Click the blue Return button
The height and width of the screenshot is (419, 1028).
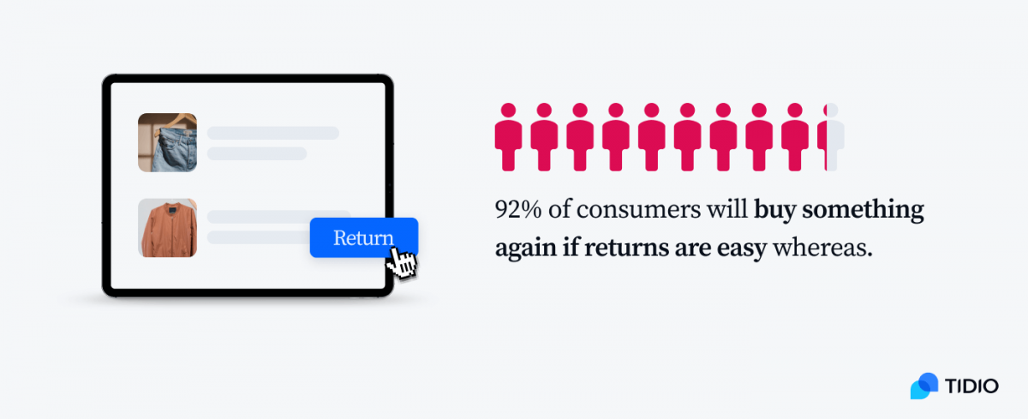tap(363, 237)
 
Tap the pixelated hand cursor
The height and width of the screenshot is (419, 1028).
tap(403, 263)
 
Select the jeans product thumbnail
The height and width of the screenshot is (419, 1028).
tap(167, 142)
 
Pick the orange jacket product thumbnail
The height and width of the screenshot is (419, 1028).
tap(167, 228)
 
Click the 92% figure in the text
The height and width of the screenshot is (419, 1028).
tap(514, 211)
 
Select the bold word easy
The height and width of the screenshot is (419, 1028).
tap(742, 248)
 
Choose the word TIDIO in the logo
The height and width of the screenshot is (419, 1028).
tap(972, 386)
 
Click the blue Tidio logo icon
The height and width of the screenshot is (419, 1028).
tap(924, 386)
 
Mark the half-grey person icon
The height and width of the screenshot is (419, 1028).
tap(832, 137)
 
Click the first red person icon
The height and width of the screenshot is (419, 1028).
tap(509, 137)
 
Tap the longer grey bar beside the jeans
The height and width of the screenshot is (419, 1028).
tap(272, 133)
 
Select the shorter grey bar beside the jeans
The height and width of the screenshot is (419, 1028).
tap(256, 153)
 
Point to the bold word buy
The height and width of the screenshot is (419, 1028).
tap(774, 211)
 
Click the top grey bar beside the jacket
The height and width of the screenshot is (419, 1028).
tap(278, 217)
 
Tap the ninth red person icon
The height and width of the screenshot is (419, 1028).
tap(795, 137)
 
